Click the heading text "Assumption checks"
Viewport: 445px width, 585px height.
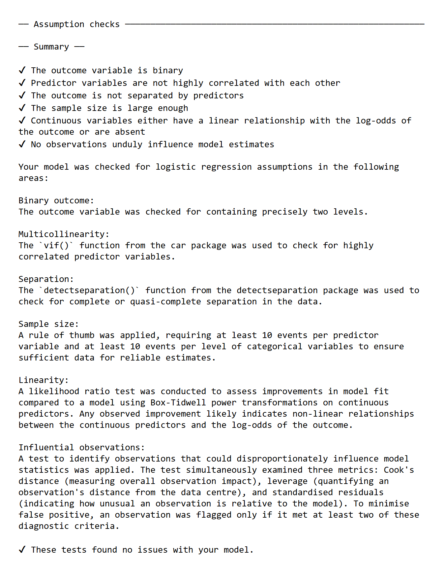76,24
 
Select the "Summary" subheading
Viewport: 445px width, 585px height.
51,47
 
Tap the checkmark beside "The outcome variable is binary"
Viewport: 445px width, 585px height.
22,70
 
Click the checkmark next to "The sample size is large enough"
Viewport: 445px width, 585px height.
22,108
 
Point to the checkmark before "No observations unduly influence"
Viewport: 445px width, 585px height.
22,144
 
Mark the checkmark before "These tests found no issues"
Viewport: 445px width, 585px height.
22,550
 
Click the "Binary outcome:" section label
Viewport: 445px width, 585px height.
56,201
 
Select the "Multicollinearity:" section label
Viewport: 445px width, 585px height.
64,234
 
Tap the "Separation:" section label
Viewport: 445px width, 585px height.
46,279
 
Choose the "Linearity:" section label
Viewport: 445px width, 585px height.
44,380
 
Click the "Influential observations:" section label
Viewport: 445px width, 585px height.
81,448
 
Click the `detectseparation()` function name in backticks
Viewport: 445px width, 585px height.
89,291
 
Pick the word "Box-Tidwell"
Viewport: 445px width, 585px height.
178,403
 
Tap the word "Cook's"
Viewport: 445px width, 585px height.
399,470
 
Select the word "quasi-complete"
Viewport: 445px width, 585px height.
165,302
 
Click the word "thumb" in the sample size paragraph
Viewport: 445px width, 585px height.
82,335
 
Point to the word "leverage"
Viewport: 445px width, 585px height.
287,481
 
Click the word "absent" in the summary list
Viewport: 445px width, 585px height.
130,132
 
